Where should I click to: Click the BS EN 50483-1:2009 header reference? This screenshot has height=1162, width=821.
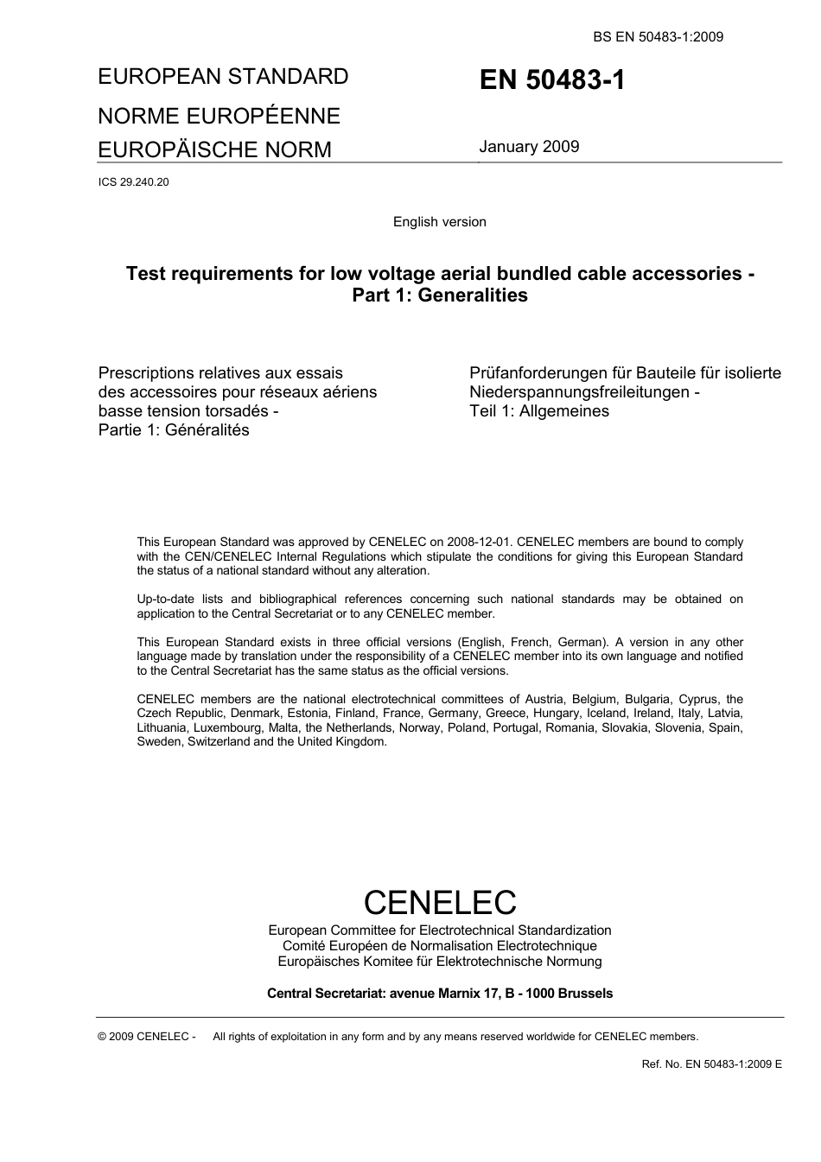coord(658,36)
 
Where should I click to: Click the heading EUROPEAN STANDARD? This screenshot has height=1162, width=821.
coord(223,77)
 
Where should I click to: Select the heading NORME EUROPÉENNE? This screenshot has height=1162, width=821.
coord(219,116)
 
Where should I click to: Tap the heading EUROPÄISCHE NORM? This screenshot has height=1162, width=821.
coord(214,149)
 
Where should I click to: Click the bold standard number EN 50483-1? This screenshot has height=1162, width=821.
coord(551,80)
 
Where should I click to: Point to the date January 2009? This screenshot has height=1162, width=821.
coord(529,146)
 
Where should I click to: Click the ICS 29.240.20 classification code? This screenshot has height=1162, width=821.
coord(133,182)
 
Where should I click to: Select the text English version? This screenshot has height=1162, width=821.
coord(439,222)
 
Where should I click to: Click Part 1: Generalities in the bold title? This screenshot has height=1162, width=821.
coord(439,295)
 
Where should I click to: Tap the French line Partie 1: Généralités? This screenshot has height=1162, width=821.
coord(174,430)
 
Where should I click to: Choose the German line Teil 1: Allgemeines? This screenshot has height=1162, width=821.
coord(539,411)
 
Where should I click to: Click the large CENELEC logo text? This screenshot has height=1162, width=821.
coord(439,902)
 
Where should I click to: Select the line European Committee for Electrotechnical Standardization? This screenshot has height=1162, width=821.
coord(439,930)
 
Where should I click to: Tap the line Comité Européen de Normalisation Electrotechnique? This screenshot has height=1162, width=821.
coord(439,946)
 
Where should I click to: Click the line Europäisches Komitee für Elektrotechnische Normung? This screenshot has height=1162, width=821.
coord(439,962)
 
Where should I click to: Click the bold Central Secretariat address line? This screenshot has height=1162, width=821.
coord(439,994)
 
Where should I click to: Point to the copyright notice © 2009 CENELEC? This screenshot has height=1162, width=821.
coord(147,1037)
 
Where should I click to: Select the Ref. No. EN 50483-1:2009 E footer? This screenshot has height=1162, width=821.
coord(711,1064)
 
